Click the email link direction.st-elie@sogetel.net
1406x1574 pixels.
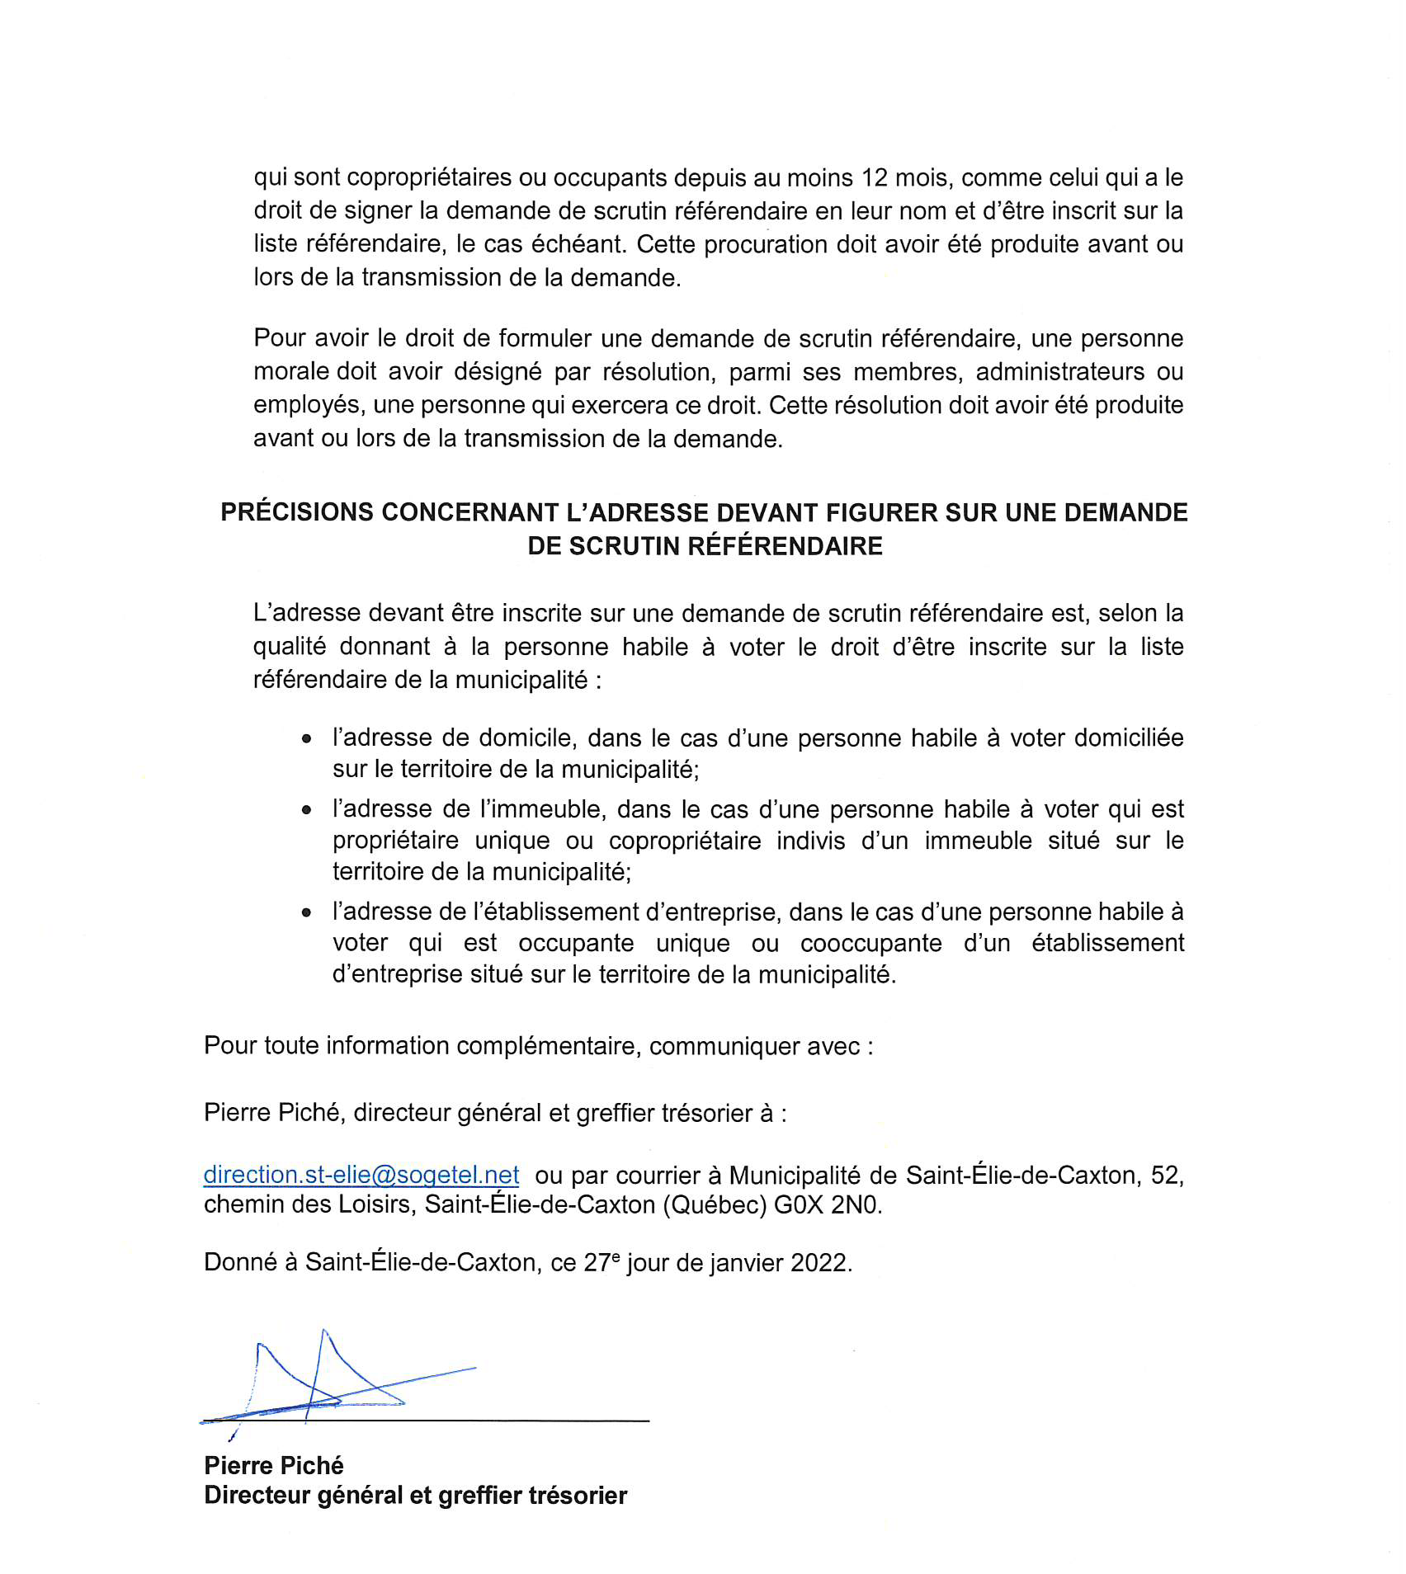click(361, 1174)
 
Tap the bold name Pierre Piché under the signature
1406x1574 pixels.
click(274, 1465)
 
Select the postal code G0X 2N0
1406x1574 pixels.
click(827, 1204)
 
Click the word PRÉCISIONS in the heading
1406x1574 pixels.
click(297, 512)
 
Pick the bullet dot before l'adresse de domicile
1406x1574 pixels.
click(307, 739)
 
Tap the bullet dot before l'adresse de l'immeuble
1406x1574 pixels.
click(307, 810)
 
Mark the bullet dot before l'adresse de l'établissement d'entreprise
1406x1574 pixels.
click(307, 913)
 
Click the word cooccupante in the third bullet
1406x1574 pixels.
click(870, 943)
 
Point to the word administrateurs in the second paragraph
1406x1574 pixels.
click(1060, 372)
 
